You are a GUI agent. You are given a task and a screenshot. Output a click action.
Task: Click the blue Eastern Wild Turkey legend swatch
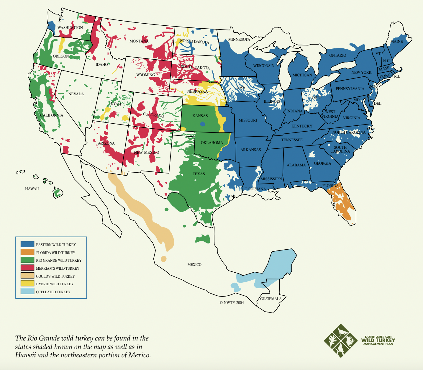27,244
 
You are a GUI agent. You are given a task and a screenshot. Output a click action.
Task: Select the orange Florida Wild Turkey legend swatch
27,252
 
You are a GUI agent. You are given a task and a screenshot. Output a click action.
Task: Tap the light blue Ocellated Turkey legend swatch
27,291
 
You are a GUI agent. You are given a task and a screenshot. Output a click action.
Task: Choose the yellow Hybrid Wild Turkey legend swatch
27,284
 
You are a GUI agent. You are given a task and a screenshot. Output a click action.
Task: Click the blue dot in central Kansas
202,124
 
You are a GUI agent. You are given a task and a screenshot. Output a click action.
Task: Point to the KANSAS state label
200,116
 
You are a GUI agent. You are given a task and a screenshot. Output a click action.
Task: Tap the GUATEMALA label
271,299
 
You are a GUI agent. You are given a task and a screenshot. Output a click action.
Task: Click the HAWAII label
32,189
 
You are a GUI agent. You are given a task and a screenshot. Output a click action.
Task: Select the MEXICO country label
194,265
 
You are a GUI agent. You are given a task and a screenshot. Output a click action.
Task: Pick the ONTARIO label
338,55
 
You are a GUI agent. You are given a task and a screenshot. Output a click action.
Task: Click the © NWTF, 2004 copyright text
232,302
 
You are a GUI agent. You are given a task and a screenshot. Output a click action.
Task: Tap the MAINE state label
396,42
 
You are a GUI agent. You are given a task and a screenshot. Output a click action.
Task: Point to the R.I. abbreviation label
397,76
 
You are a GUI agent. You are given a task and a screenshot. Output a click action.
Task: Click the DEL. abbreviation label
378,104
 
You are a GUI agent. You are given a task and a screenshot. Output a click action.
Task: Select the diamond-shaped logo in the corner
341,341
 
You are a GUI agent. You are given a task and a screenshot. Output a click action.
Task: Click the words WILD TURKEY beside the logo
378,340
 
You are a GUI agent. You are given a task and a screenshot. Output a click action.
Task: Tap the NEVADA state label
76,94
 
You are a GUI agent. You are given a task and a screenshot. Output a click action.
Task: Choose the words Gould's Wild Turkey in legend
55,276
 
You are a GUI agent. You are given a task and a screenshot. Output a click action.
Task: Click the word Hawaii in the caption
25,355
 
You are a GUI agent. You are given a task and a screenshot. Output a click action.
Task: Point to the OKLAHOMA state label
212,143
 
